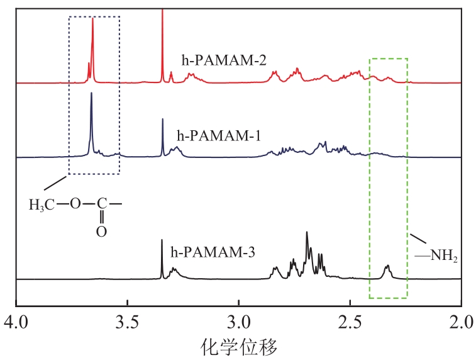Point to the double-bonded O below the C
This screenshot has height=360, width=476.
point(101,231)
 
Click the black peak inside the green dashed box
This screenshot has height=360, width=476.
point(387,268)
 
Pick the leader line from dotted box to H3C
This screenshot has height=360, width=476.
point(56,184)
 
